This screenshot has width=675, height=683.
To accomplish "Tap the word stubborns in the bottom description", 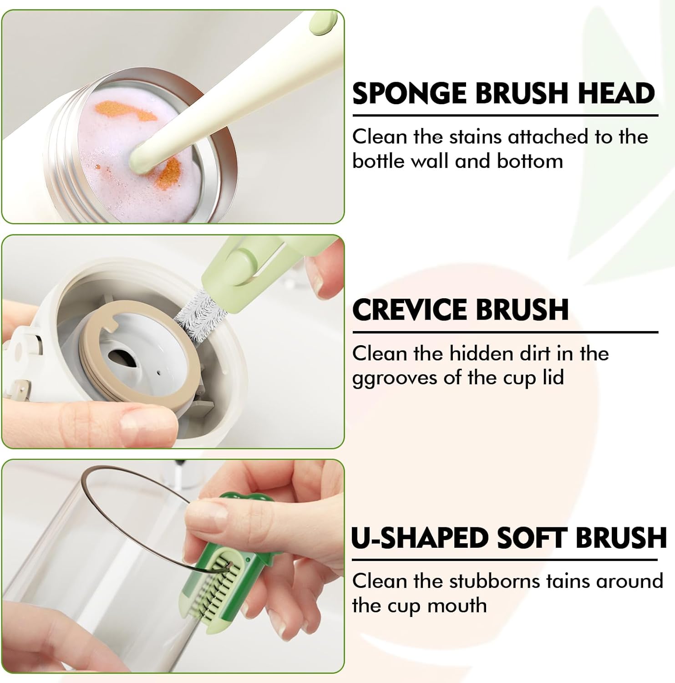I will (x=490, y=581).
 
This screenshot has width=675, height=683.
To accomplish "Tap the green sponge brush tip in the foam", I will (x=142, y=157).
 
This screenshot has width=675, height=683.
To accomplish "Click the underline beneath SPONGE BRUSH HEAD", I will (x=505, y=116).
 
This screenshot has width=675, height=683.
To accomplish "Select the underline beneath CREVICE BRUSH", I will (x=505, y=332).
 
